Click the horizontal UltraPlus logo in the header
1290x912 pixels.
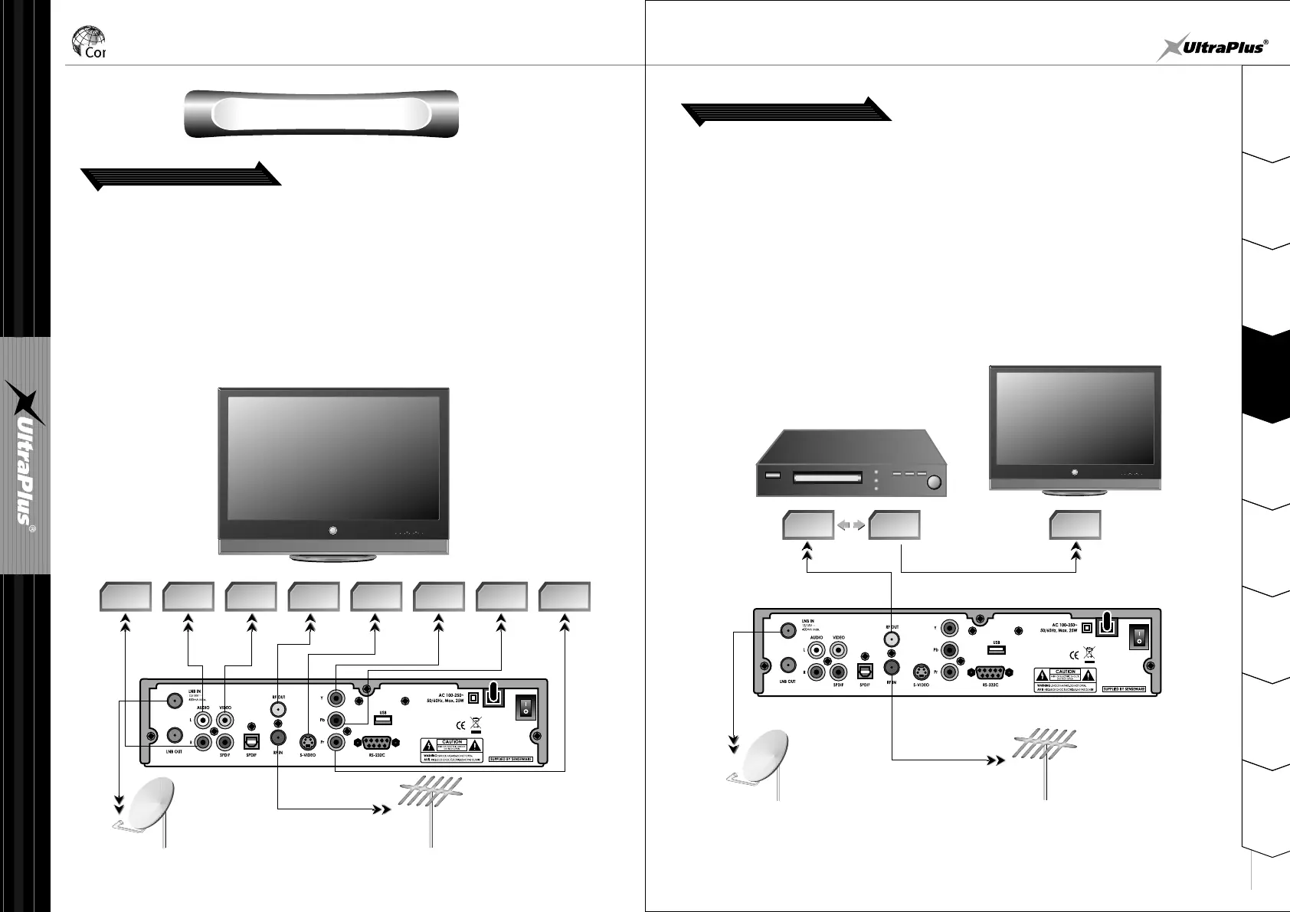(1211, 47)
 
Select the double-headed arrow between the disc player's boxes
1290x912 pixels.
(851, 526)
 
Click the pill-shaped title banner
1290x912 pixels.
(321, 113)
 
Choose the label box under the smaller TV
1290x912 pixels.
(1075, 525)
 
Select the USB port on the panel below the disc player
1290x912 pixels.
(997, 650)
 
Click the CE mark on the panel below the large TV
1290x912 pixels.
(461, 724)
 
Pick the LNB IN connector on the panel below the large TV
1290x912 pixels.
(174, 700)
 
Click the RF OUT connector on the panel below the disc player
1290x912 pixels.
(890, 636)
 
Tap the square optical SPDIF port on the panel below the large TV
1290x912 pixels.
(251, 741)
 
